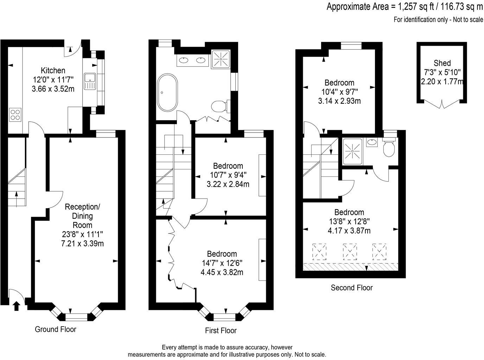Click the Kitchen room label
coord(53,70)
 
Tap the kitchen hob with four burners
coord(15,115)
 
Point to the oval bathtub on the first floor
coord(168,92)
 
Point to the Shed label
coord(442,63)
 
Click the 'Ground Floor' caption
coord(56,329)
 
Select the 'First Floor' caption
coord(221,330)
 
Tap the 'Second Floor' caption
coord(351,288)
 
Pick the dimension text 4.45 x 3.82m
coord(222,272)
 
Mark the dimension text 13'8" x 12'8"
coord(349,221)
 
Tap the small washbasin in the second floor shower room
coord(371,142)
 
